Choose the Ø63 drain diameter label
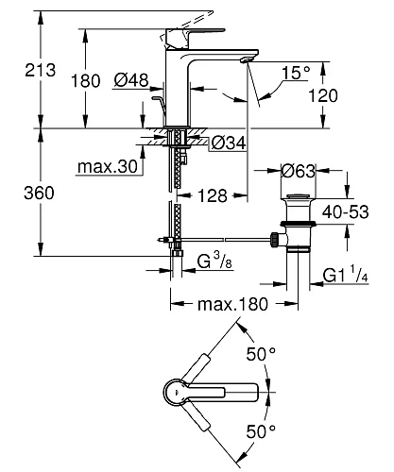click(300, 171)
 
